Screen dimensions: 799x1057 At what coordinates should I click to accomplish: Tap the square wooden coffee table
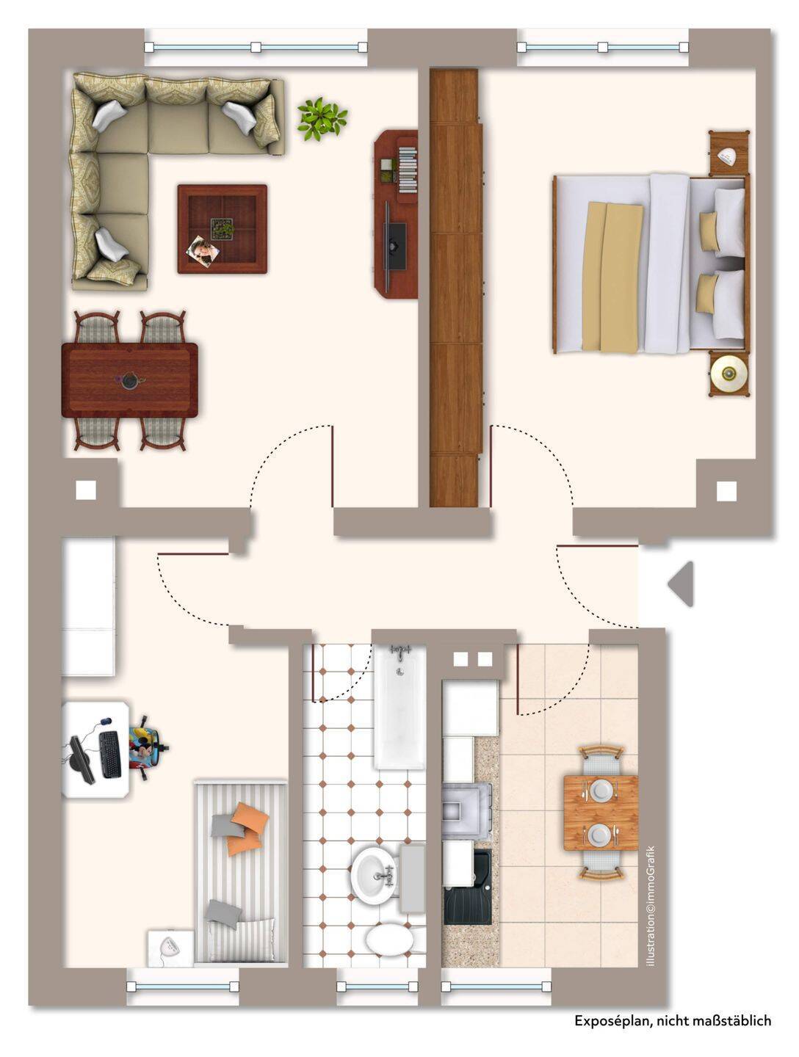click(222, 229)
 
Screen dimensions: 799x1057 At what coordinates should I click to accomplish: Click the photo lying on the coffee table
click(203, 250)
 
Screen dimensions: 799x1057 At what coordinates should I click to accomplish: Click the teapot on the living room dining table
click(129, 380)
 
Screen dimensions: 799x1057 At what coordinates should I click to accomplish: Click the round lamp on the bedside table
click(728, 373)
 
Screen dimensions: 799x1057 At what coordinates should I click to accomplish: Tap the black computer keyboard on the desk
click(110, 754)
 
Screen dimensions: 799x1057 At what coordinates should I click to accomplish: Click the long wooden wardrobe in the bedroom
click(455, 288)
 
